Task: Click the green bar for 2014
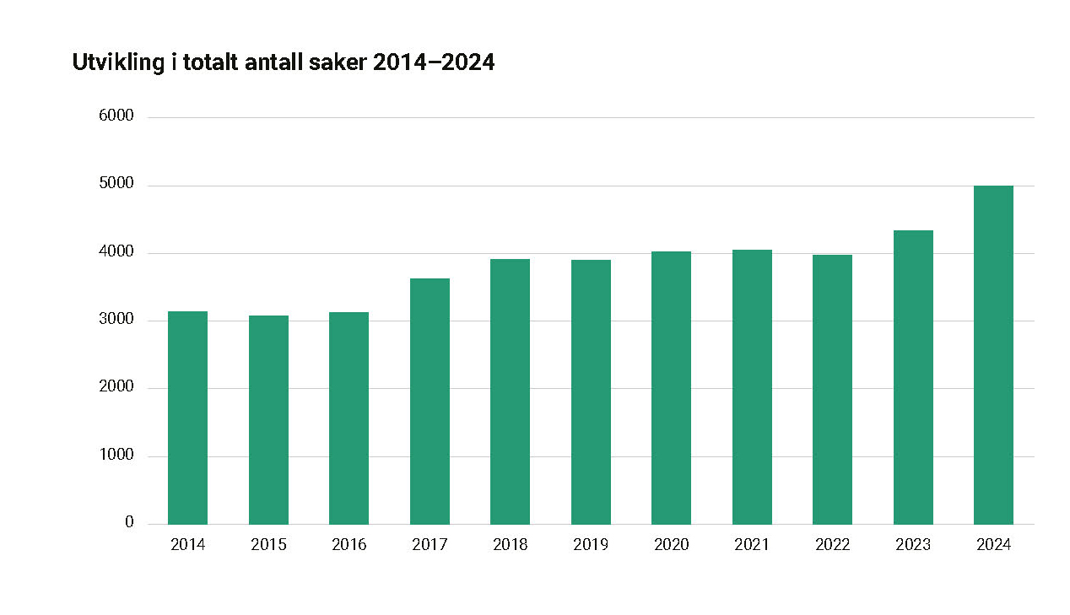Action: click(187, 418)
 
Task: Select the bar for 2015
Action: click(268, 419)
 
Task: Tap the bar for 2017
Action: click(430, 401)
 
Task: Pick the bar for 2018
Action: click(510, 391)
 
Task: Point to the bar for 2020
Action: click(671, 387)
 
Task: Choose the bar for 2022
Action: click(832, 389)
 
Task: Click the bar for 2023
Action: click(913, 377)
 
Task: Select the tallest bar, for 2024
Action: click(993, 354)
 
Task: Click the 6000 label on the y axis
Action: click(116, 116)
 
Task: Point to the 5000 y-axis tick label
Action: click(116, 185)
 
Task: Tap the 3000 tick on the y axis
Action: click(116, 320)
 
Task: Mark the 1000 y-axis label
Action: click(116, 456)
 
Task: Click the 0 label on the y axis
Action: click(129, 523)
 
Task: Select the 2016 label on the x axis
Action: click(349, 545)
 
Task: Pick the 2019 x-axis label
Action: click(591, 545)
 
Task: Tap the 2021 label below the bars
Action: click(752, 545)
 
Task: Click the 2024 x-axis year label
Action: click(993, 545)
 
